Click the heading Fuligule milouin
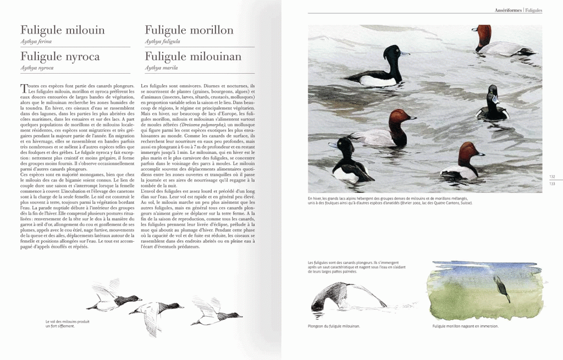63,30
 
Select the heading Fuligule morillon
189,30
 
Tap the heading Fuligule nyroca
60,57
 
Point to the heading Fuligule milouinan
193,57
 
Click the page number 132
552,177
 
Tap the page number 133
552,184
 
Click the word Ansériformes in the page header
508,10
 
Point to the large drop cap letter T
24,88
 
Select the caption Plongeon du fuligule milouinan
334,326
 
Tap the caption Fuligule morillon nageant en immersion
465,326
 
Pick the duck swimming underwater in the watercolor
501,289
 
